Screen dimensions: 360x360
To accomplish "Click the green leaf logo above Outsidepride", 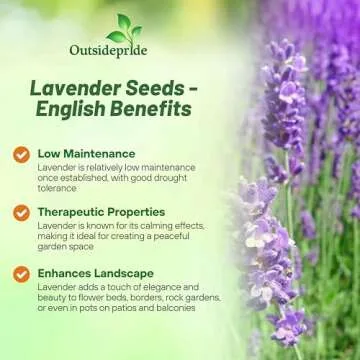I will click(x=121, y=27).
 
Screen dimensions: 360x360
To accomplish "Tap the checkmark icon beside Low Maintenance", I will click(x=21, y=154).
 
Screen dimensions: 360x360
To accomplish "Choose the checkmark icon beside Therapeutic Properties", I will click(x=21, y=213).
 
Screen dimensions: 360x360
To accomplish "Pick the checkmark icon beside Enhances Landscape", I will click(x=21, y=273).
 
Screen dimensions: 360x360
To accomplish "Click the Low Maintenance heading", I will click(x=85, y=153).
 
